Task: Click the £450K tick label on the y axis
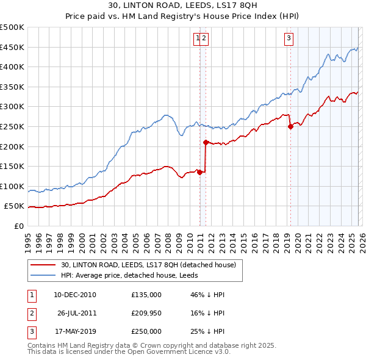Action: pyautogui.click(x=12, y=47)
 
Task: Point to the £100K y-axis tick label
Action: pyautogui.click(x=12, y=186)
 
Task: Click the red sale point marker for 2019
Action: pyautogui.click(x=290, y=127)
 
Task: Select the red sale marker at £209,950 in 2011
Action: pyautogui.click(x=206, y=143)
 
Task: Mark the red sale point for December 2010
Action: pyautogui.click(x=199, y=172)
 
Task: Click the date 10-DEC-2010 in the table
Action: pyautogui.click(x=75, y=295)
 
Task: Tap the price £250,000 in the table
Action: pyautogui.click(x=146, y=331)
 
